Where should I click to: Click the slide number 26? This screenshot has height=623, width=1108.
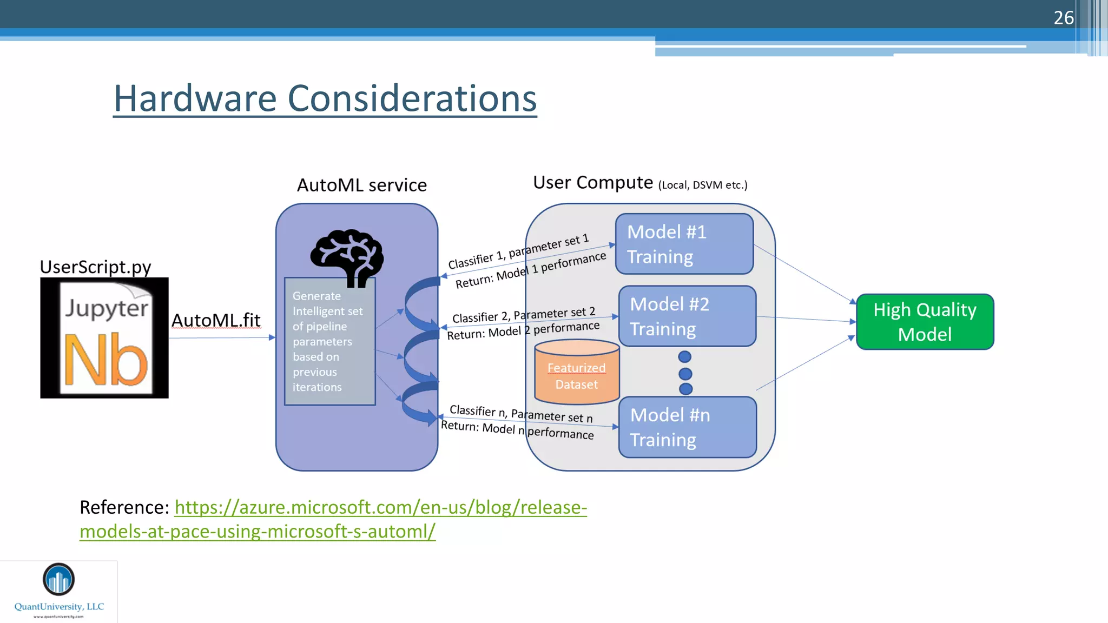click(x=1063, y=18)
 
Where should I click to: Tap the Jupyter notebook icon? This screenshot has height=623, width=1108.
click(x=104, y=338)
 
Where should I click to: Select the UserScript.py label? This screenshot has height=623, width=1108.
click(x=95, y=267)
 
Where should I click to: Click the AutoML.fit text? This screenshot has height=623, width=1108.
click(x=216, y=320)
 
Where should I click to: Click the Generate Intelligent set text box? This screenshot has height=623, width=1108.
click(x=329, y=341)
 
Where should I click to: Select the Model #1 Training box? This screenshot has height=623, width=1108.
click(x=684, y=244)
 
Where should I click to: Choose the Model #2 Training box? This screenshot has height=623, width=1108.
click(x=687, y=316)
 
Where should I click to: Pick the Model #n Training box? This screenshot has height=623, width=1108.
click(x=687, y=427)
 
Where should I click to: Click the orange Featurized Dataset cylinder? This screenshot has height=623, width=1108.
click(x=577, y=373)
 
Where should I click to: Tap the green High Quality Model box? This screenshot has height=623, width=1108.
click(x=925, y=322)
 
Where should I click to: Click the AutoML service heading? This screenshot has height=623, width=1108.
click(x=361, y=185)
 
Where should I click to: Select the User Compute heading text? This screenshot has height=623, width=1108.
click(x=593, y=183)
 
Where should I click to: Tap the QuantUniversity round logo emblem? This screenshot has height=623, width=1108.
click(x=58, y=579)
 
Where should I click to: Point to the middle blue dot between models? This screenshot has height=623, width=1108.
click(x=685, y=373)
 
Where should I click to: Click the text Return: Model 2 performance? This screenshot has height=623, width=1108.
click(x=523, y=330)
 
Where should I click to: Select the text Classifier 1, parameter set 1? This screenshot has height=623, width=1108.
click(x=518, y=251)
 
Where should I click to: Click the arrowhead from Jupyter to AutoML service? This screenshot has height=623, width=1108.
click(x=272, y=337)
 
